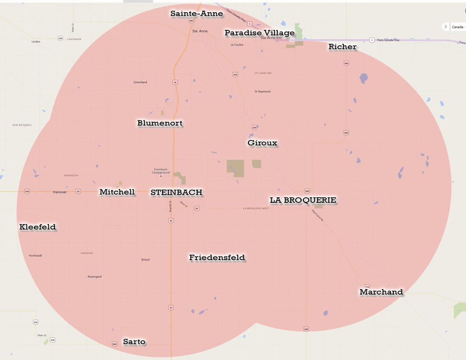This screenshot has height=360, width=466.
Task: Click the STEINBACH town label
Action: pyautogui.click(x=176, y=192)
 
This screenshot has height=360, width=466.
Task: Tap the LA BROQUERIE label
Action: pyautogui.click(x=303, y=200)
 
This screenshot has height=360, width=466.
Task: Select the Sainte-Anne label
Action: pyautogui.click(x=196, y=14)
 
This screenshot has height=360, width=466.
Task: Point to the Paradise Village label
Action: pyautogui.click(x=260, y=33)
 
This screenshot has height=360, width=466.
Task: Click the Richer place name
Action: pyautogui.click(x=343, y=47)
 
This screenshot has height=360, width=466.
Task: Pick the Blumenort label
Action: pyautogui.click(x=160, y=123)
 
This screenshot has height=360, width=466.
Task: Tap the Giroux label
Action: pyautogui.click(x=262, y=143)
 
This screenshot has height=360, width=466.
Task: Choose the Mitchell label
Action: pyautogui.click(x=117, y=192)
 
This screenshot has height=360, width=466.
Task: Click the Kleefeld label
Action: pyautogui.click(x=38, y=227)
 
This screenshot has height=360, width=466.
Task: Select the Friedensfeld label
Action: pyautogui.click(x=217, y=257)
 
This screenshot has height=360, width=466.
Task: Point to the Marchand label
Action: pyautogui.click(x=381, y=292)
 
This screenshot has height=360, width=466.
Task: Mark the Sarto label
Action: pyautogui.click(x=134, y=342)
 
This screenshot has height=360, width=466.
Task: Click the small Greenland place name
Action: pyautogui.click(x=140, y=82)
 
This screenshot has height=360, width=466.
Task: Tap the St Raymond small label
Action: pyautogui.click(x=262, y=91)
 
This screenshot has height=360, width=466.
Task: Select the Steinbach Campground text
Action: pyautogui.click(x=161, y=171)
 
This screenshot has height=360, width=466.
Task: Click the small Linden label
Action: pyautogui.click(x=36, y=42)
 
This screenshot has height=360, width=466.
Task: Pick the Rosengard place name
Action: pyautogui.click(x=95, y=277)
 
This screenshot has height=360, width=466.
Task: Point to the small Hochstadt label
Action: pyautogui.click(x=35, y=256)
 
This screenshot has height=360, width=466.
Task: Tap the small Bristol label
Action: pyautogui.click(x=145, y=260)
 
